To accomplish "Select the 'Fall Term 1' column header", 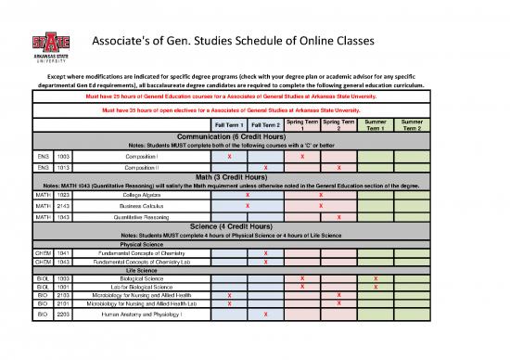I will click(228, 125).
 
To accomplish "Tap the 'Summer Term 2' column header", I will click(413, 124).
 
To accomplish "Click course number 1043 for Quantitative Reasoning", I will click(63, 216).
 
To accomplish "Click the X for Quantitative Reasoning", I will click(339, 216).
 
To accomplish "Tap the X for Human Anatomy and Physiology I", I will click(266, 315).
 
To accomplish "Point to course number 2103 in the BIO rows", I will click(63, 295).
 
